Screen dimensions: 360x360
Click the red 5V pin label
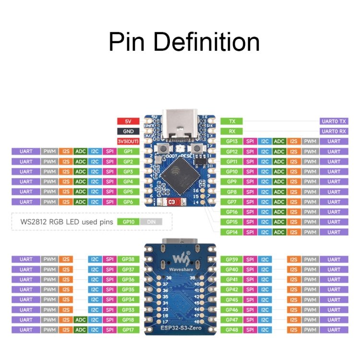tap(128, 121)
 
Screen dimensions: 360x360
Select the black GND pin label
tap(128, 131)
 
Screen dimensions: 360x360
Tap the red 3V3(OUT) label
tap(128, 141)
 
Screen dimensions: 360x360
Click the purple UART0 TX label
tap(334, 121)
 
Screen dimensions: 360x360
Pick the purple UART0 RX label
tap(334, 131)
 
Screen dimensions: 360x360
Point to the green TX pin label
tap(232, 121)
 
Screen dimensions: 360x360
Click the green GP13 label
tap(232, 141)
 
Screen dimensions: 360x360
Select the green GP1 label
tap(128, 151)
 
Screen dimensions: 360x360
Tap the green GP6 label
tap(128, 202)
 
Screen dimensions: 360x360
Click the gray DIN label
tap(152, 222)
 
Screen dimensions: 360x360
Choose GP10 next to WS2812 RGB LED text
tap(128, 222)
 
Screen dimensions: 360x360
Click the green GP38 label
tap(128, 259)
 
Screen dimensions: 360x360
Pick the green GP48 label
tap(232, 330)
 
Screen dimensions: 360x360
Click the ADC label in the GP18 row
tap(81, 320)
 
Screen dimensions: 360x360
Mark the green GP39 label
tap(232, 259)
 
